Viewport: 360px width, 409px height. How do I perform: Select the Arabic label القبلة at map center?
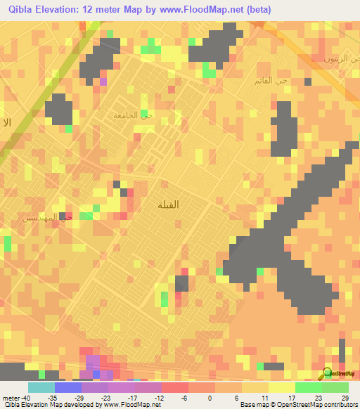pyautogui.click(x=167, y=204)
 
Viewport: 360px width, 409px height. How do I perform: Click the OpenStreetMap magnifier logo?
pyautogui.click(x=328, y=374)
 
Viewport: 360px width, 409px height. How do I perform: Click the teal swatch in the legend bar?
pyautogui.click(x=41, y=387)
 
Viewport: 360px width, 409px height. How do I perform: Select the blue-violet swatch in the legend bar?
pyautogui.click(x=67, y=387)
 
